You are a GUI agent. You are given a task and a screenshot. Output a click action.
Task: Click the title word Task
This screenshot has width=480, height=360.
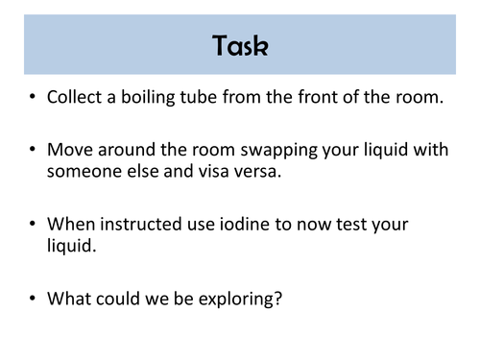(x=240, y=45)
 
